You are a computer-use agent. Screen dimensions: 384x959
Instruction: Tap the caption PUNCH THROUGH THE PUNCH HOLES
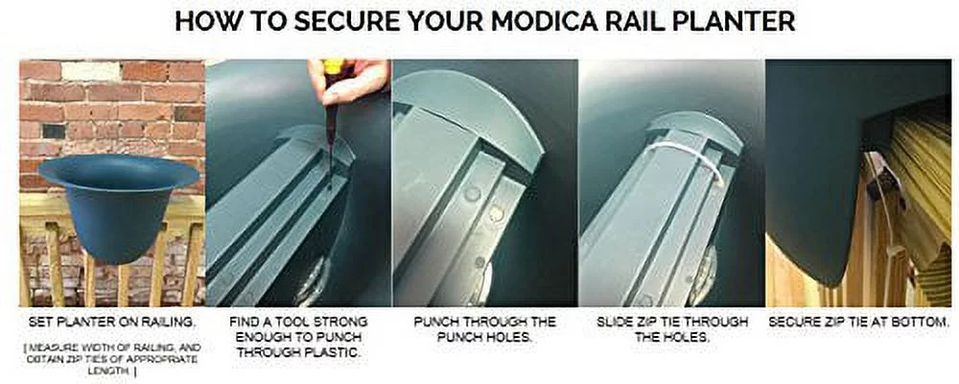pos(483,328)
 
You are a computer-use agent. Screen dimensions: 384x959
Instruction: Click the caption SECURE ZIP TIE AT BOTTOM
pos(859,321)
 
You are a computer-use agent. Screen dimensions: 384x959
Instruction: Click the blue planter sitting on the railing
pos(118,206)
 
